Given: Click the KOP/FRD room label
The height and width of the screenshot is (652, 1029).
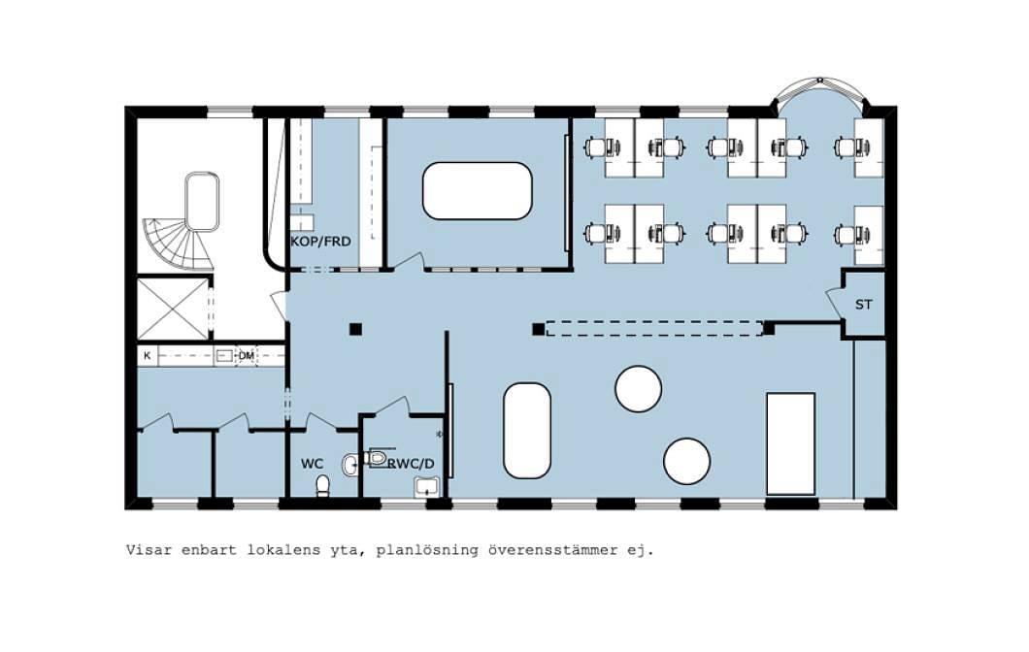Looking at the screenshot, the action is (321, 242).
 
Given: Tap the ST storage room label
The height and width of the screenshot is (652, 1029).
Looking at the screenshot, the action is (864, 305).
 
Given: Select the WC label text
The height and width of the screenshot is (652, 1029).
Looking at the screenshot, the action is (313, 464).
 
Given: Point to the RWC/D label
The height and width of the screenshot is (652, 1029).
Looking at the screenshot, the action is (412, 464).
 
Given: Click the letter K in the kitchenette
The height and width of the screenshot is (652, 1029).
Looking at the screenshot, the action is (147, 355).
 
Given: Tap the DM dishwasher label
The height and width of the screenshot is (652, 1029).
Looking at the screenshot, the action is (247, 355).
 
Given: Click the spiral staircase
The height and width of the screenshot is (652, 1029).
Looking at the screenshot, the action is (179, 244).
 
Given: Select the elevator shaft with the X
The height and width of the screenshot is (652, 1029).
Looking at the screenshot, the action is (173, 309).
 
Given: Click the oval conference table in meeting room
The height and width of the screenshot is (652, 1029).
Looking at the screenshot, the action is (477, 191).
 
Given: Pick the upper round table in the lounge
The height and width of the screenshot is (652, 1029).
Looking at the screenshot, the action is (638, 389).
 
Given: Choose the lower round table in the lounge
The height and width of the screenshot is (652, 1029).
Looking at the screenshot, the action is (686, 461).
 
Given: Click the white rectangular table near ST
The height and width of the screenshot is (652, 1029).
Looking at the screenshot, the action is (791, 443).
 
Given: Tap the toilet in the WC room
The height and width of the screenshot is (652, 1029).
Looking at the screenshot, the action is (322, 485).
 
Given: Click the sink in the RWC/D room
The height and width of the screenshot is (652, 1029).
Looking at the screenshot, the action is (426, 487).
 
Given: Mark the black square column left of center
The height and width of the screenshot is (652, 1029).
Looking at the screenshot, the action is (355, 329).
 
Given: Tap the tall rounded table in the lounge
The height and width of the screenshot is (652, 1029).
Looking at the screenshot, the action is (527, 431).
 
